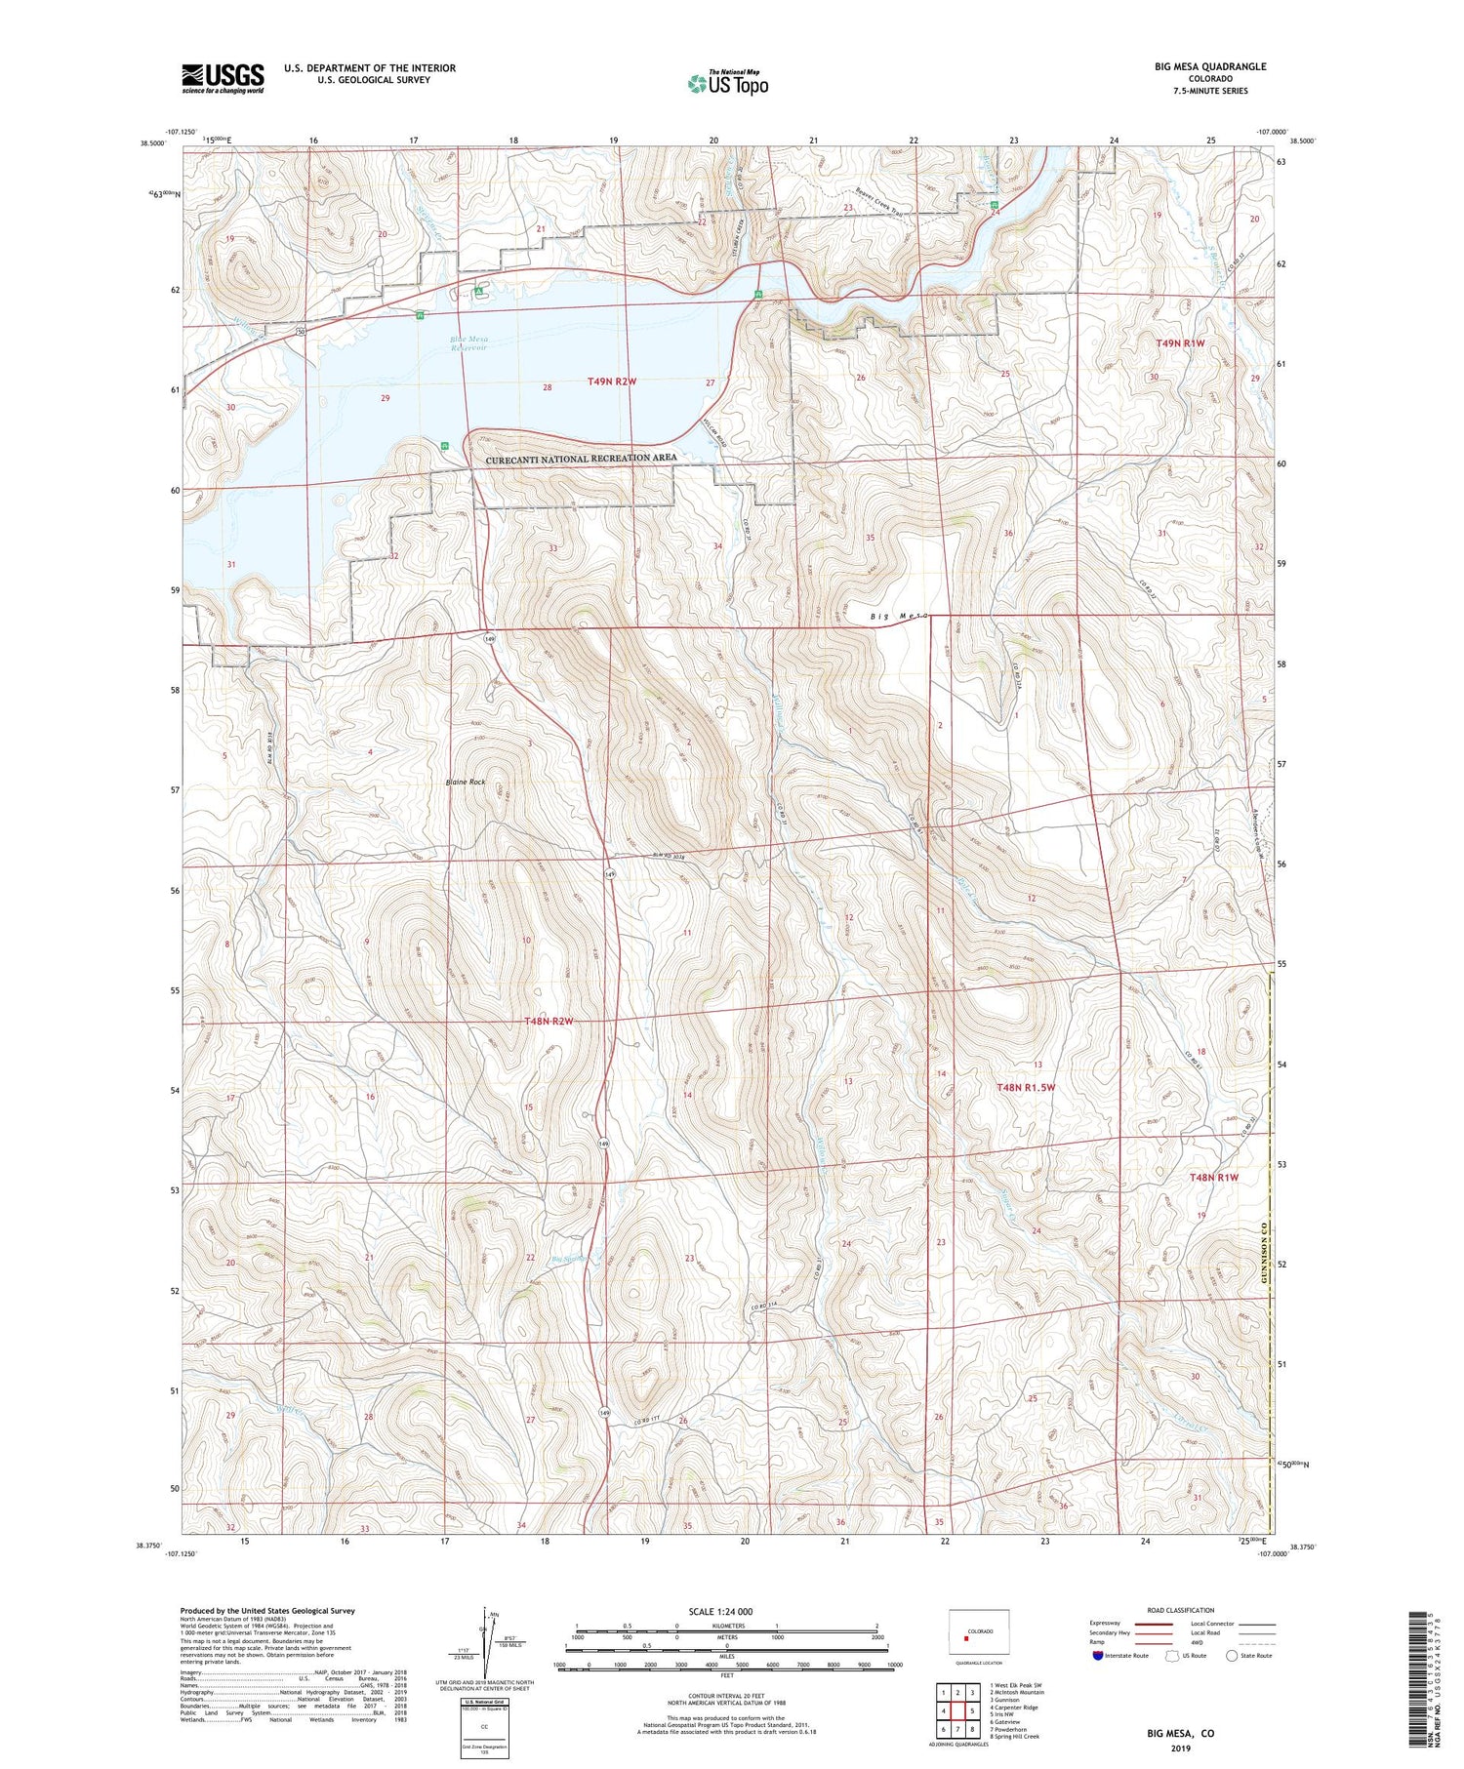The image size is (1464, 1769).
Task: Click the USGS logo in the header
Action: (223, 78)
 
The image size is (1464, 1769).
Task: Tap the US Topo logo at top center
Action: (727, 84)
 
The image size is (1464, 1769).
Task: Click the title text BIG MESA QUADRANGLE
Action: (1209, 66)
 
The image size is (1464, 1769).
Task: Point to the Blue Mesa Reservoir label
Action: (469, 343)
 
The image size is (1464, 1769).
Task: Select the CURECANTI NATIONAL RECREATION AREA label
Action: (581, 458)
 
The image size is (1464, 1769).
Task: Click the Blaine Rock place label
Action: (466, 782)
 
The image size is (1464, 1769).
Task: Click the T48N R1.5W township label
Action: (1026, 1087)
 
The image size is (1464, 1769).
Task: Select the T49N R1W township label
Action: (1180, 343)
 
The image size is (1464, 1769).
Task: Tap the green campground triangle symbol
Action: (478, 291)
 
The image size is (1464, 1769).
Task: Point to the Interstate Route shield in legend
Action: (1098, 1656)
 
